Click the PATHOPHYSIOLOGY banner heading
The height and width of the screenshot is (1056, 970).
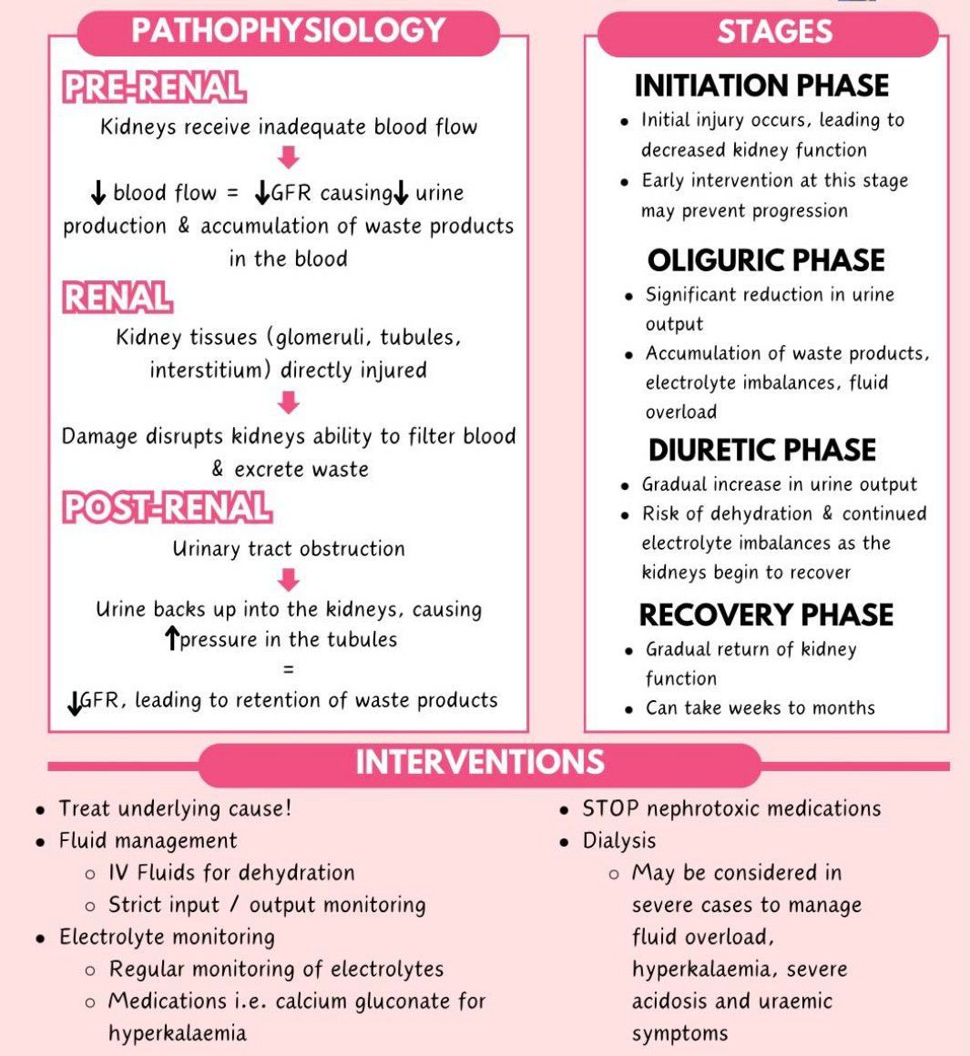tap(289, 30)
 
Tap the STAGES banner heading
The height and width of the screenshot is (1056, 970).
tap(775, 31)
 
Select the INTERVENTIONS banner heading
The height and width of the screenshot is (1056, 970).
tap(480, 762)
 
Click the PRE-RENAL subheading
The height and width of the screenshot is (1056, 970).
tap(154, 87)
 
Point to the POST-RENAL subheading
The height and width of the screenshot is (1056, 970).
tap(167, 507)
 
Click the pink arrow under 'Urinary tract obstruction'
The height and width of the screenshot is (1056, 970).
tap(289, 579)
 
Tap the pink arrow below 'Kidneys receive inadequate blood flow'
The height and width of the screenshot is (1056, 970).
tap(289, 157)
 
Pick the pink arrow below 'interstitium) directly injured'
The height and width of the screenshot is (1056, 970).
tap(289, 402)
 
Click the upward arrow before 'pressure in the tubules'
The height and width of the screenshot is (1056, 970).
tap(172, 638)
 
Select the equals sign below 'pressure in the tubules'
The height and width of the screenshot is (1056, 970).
tap(289, 669)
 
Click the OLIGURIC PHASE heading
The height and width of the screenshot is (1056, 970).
tap(766, 260)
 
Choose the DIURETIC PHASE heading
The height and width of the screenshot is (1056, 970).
tap(761, 450)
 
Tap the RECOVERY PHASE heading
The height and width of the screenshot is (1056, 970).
tap(766, 614)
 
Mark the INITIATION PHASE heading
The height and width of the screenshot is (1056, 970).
tap(761, 86)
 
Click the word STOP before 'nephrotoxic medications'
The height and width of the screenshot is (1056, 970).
tap(610, 808)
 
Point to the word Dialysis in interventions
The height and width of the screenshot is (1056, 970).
tap(619, 841)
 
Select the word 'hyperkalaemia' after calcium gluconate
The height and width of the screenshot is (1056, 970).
tap(178, 1033)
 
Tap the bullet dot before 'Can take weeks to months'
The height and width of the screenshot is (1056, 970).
tap(628, 709)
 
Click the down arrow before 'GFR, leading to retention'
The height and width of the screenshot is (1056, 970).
tap(75, 703)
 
